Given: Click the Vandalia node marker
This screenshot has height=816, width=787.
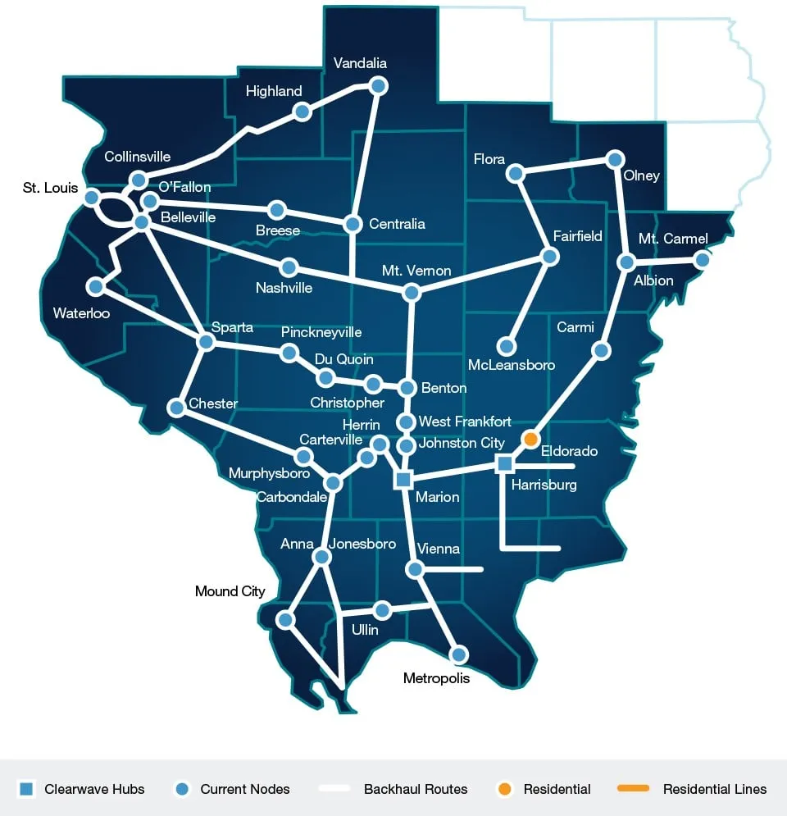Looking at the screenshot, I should [378, 85].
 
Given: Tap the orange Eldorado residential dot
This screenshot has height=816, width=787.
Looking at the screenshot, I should [530, 440].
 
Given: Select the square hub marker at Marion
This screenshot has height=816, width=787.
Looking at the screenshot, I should [403, 480].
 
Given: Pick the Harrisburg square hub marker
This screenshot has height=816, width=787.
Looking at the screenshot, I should [505, 464].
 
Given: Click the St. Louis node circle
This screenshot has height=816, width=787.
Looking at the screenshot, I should [92, 197].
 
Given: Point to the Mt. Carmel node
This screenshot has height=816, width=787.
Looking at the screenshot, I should [702, 259].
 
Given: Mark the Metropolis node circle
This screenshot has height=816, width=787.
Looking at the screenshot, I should [459, 654].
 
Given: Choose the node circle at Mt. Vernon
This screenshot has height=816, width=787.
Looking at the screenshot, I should [412, 292].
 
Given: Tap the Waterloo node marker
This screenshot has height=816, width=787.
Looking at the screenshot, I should [96, 286].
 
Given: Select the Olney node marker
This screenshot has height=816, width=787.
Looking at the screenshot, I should [614, 158].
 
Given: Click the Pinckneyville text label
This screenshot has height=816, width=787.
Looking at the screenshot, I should [321, 333].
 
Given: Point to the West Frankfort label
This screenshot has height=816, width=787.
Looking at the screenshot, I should [465, 422].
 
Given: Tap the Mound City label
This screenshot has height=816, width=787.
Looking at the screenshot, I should [230, 591].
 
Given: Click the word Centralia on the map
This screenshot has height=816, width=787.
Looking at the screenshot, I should [397, 224].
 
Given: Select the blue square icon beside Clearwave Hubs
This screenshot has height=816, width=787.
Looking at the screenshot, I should [26, 789].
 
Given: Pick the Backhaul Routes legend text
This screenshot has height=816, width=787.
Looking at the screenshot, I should [416, 789].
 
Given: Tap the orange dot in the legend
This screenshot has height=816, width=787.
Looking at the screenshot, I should [505, 789].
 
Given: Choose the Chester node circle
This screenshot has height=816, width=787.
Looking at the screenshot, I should [176, 407].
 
